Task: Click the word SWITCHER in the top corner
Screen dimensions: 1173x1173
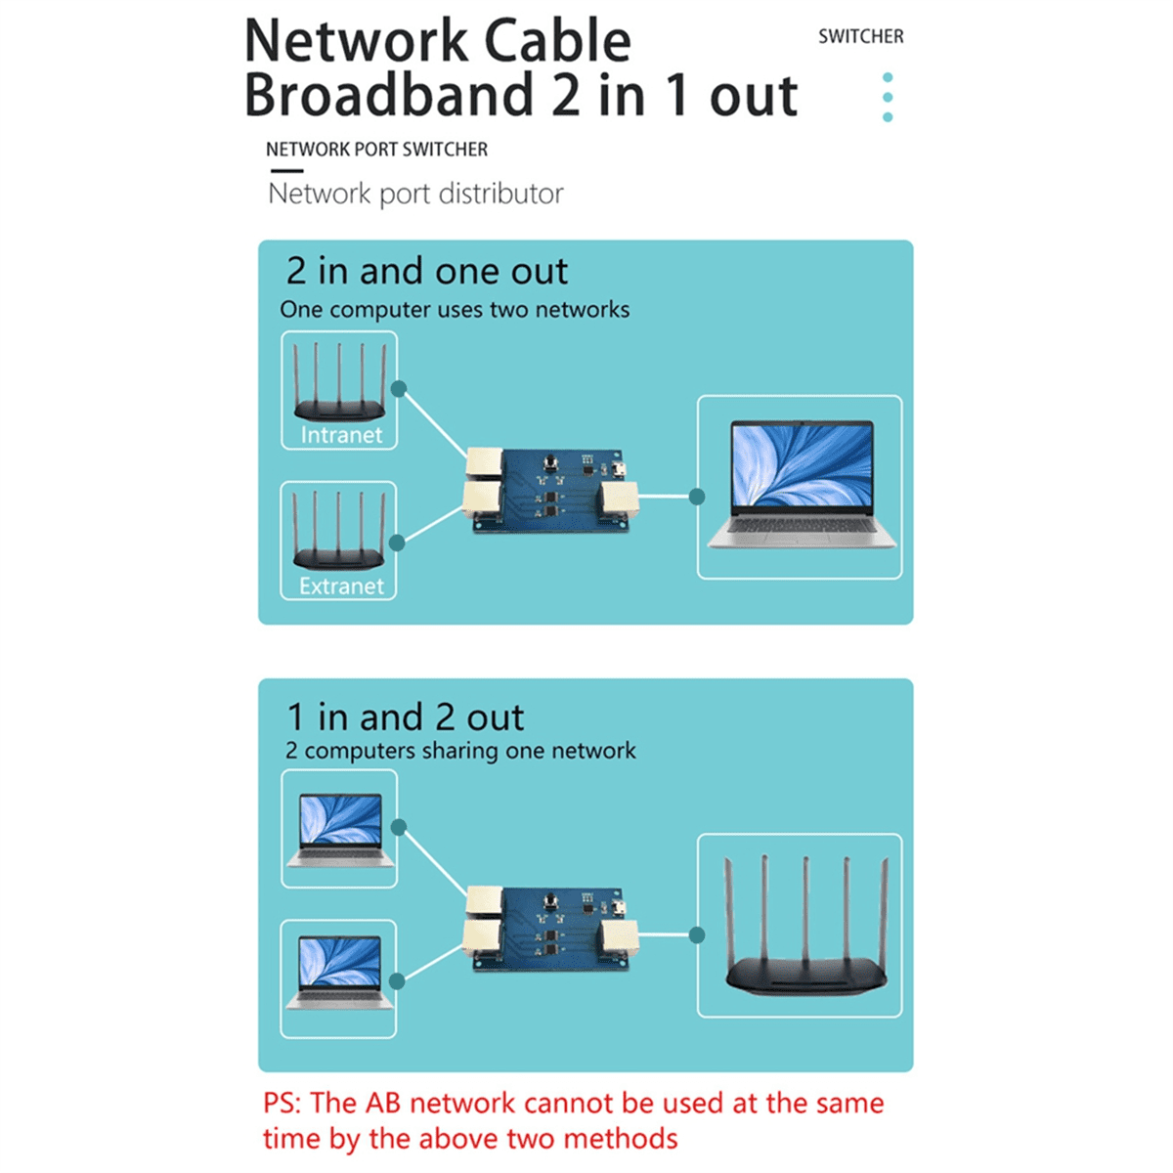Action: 860,36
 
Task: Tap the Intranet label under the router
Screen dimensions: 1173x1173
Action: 340,435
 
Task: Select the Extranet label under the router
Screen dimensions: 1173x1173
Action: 340,586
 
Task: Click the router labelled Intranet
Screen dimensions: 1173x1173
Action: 339,385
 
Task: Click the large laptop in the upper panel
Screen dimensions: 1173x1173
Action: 801,485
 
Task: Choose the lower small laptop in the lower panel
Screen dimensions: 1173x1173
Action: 339,974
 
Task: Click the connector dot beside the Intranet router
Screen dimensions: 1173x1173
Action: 399,389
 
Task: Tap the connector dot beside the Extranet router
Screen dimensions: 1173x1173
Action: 397,543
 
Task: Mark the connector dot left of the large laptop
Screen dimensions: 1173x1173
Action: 697,497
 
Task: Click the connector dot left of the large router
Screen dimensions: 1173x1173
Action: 697,935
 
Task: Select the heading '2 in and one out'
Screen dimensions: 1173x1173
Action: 426,271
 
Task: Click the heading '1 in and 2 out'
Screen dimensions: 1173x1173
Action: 405,717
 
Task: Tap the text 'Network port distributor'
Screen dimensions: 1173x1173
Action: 415,194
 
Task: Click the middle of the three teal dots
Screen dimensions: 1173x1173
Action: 888,97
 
